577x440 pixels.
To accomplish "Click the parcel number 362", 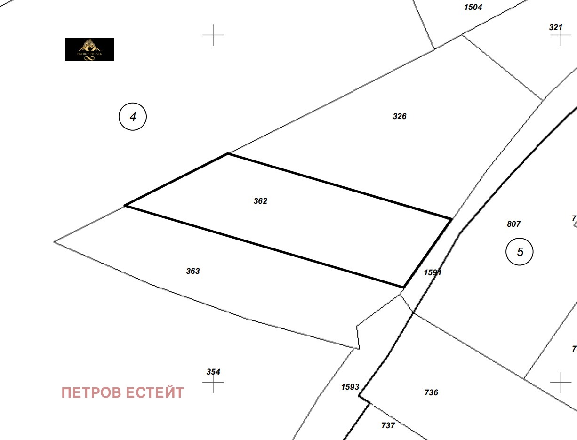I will click(260, 201).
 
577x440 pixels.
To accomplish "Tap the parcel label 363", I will click(193, 271).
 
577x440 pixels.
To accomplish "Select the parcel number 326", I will click(400, 116).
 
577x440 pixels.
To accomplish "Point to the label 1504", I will click(473, 7).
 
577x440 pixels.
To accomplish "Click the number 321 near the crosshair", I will click(556, 27).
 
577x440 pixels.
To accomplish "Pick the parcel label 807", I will click(514, 224).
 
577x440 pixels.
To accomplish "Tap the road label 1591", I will click(433, 272).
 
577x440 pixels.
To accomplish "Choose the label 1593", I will click(350, 387).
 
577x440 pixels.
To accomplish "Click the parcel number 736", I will click(431, 392).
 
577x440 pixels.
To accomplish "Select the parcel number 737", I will click(388, 425).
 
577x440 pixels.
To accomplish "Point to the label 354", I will click(213, 372).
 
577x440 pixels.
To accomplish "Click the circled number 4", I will click(133, 117).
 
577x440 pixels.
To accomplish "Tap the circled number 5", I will click(520, 252).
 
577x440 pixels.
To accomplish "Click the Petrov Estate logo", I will click(89, 49).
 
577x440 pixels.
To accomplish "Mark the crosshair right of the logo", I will click(213, 35).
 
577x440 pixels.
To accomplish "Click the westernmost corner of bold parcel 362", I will click(125, 206).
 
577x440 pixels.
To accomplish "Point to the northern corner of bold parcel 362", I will click(228, 153).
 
